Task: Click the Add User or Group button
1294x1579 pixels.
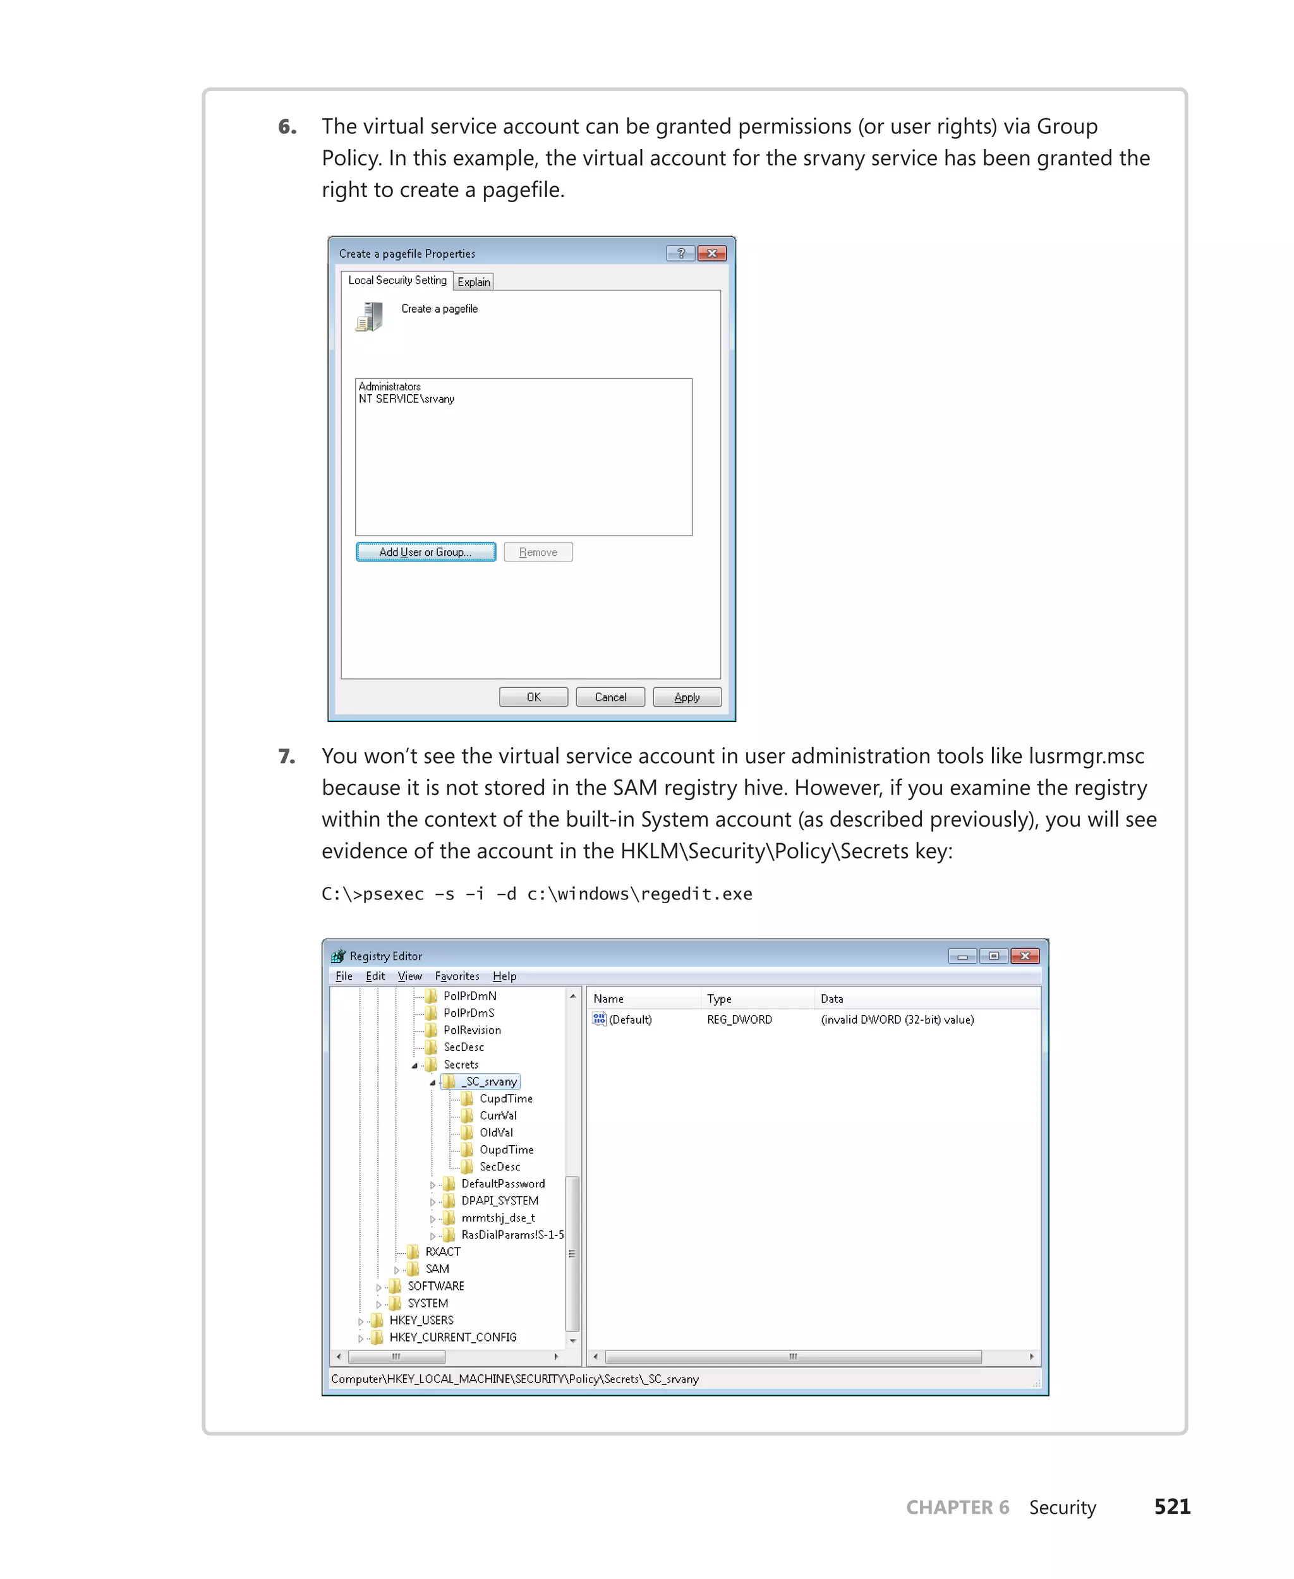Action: click(426, 552)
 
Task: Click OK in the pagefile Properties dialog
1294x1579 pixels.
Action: click(533, 697)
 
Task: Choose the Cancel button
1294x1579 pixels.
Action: click(610, 697)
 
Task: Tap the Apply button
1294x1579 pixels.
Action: click(687, 697)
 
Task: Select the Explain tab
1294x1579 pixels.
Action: click(473, 282)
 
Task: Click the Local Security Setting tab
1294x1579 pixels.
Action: click(397, 280)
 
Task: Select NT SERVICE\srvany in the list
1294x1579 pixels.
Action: click(406, 399)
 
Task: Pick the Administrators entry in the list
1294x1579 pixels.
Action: click(390, 387)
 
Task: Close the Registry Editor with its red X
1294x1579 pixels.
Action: click(1025, 956)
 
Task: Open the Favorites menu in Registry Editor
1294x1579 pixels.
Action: click(457, 976)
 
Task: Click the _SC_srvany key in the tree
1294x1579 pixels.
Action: click(490, 1081)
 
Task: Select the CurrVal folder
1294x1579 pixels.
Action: click(498, 1115)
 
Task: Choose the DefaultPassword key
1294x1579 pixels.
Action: click(502, 1184)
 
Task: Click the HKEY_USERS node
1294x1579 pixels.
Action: click(421, 1319)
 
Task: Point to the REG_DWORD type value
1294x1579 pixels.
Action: click(739, 1019)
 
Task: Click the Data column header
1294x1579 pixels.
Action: click(832, 999)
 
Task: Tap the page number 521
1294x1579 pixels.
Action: click(1172, 1507)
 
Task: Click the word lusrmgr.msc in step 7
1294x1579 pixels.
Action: click(1086, 756)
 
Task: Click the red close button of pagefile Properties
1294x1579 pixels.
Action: click(712, 253)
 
